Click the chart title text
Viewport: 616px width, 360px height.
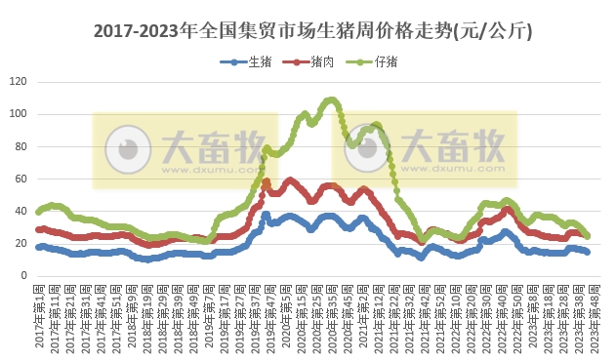[x=312, y=30]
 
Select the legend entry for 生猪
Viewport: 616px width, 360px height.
[x=252, y=61]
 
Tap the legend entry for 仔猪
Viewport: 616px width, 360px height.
[x=374, y=61]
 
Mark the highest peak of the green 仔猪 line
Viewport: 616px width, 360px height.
[x=332, y=100]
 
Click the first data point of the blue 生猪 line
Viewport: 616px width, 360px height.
[x=38, y=247]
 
